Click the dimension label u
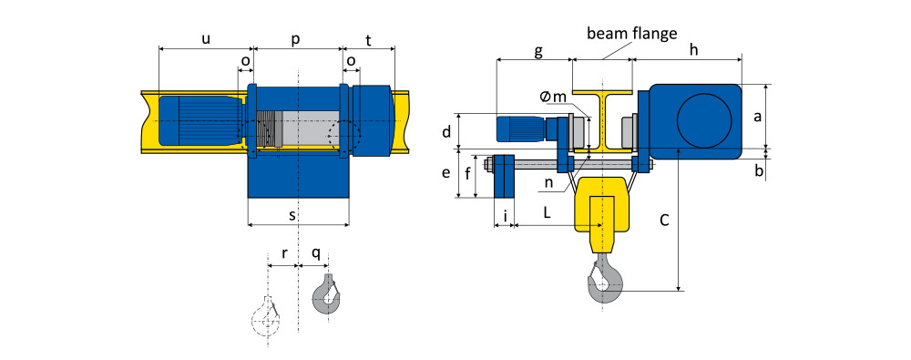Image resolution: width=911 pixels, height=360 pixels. pyautogui.click(x=206, y=39)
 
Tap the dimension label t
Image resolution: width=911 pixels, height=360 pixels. pyautogui.click(x=369, y=39)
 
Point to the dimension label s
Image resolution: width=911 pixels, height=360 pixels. pyautogui.click(x=292, y=215)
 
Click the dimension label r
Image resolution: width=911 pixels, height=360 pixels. pyautogui.click(x=284, y=253)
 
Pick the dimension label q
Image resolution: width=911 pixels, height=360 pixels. pyautogui.click(x=315, y=253)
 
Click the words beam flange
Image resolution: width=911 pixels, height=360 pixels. pyautogui.click(x=631, y=33)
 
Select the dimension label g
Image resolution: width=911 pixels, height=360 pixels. pyautogui.click(x=538, y=52)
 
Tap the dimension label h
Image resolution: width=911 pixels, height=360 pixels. pyautogui.click(x=693, y=51)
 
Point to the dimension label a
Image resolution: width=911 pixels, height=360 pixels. pyautogui.click(x=757, y=117)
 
